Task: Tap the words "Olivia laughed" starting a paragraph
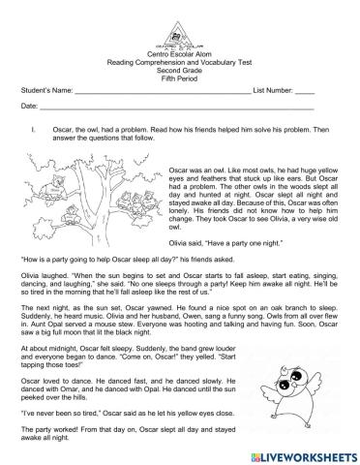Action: (x=44, y=274)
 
